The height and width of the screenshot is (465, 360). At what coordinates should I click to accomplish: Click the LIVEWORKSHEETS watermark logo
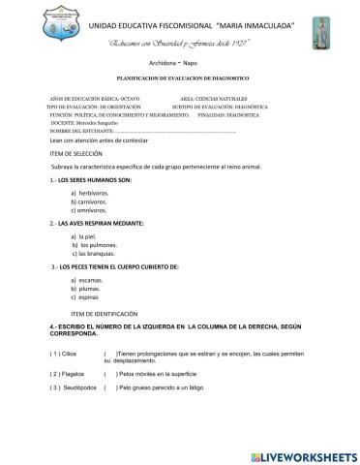(x=302, y=454)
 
